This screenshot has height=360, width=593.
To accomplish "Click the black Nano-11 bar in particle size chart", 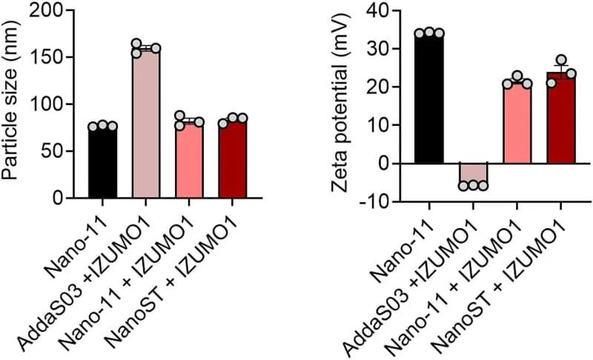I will (102, 163).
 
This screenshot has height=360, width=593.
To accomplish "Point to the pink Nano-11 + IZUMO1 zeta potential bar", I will (517, 123).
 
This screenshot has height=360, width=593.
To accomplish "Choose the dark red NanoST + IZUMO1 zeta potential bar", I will (560, 119).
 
